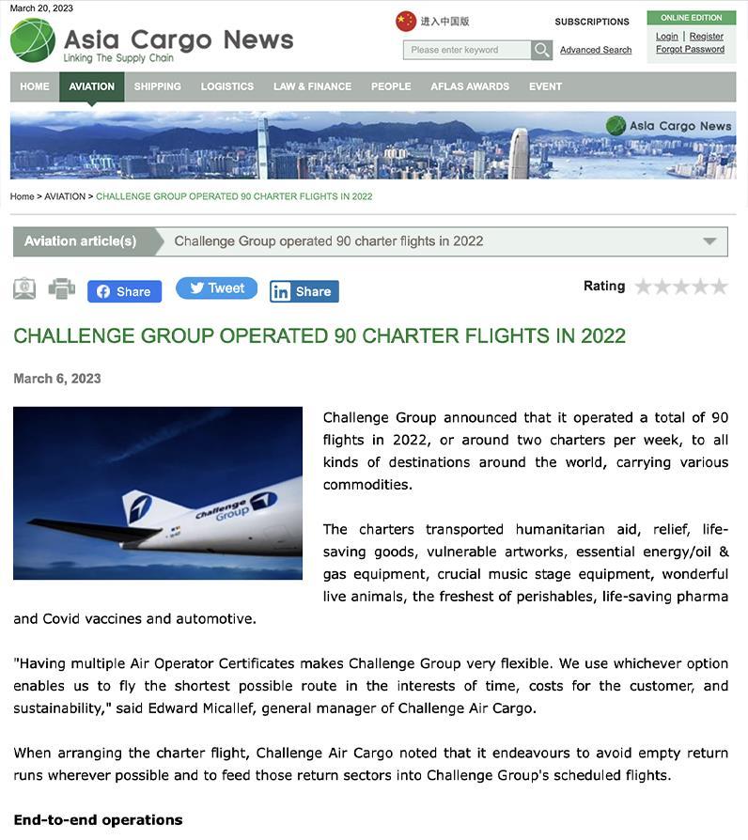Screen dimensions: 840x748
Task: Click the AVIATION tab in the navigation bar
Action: (x=91, y=86)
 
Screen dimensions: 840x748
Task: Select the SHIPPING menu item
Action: (x=157, y=86)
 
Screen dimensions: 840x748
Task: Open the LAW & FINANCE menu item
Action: (x=312, y=86)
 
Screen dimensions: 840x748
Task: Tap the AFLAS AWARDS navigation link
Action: (x=470, y=86)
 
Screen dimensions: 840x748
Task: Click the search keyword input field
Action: (x=467, y=50)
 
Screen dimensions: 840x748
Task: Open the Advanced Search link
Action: (x=596, y=50)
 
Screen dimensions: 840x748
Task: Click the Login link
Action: (x=666, y=37)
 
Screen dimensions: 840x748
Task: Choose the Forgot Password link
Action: (x=690, y=49)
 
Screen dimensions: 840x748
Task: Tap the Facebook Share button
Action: (x=124, y=291)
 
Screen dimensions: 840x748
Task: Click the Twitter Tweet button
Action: (x=216, y=288)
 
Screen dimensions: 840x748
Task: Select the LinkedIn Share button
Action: (x=304, y=291)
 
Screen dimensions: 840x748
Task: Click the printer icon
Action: (x=61, y=288)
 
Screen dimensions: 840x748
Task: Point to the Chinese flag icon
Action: (x=406, y=21)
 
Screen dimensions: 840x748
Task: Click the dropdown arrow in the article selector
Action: (x=709, y=241)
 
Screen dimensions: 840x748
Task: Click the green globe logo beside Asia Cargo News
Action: (x=32, y=40)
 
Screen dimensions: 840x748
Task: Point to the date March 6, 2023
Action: (x=57, y=379)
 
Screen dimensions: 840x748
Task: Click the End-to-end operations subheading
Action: (x=98, y=820)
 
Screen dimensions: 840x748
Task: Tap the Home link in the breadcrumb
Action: (x=22, y=196)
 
